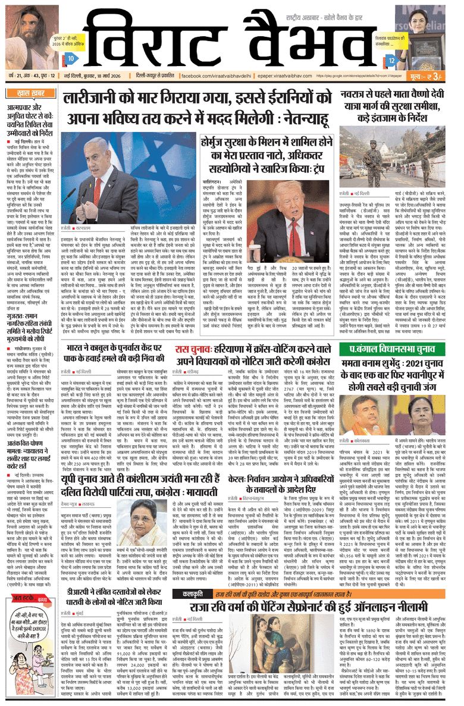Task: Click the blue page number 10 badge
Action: (x=70, y=59)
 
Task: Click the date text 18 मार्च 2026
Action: (x=100, y=76)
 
